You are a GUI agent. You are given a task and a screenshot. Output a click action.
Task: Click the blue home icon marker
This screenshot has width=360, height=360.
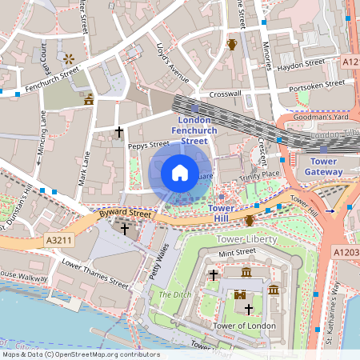point(180,173)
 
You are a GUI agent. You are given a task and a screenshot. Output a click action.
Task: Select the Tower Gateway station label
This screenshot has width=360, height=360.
point(326,166)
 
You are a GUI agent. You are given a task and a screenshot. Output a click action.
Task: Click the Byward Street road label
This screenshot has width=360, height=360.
point(124,214)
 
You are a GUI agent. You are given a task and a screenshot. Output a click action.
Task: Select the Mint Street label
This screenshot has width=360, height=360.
point(236,253)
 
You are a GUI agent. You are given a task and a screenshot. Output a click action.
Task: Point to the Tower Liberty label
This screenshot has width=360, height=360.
point(246,238)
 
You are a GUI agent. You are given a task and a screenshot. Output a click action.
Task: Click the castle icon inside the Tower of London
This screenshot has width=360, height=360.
point(239,294)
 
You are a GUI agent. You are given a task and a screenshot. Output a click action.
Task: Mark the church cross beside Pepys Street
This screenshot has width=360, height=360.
point(119,130)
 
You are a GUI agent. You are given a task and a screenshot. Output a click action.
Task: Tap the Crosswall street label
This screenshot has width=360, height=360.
point(225,94)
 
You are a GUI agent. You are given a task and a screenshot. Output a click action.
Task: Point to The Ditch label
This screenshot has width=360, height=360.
point(171,294)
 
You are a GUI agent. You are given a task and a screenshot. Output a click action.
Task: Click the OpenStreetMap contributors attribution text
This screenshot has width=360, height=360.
point(80,354)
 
